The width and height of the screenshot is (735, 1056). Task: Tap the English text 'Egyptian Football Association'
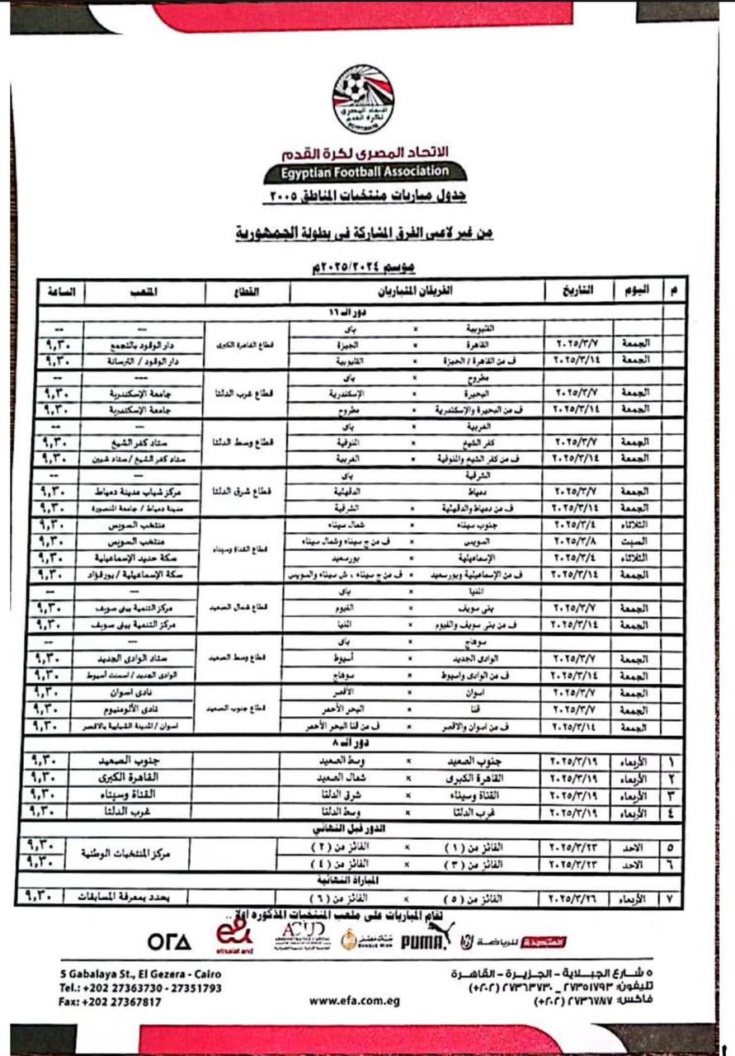365,172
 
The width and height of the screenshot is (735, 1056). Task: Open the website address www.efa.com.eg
355,1000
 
